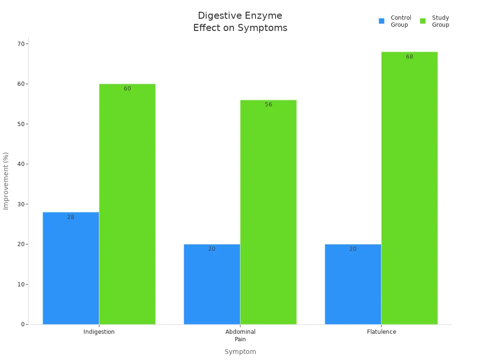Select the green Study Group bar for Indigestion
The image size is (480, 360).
[127, 204]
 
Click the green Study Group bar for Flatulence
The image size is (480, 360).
[409, 188]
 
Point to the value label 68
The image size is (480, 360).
[409, 57]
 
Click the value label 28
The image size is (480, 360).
[71, 217]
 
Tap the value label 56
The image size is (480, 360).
[268, 105]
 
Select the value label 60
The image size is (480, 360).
[127, 89]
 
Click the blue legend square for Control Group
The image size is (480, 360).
[382, 21]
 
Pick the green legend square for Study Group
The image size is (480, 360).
[423, 21]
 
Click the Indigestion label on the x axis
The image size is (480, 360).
[99, 332]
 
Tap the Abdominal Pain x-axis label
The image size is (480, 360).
[240, 335]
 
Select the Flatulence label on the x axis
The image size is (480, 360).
[381, 332]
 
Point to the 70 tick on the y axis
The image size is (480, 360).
[21, 44]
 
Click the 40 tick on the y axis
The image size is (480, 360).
[21, 164]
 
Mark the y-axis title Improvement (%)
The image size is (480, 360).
[6, 180]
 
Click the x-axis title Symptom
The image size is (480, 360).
[240, 352]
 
